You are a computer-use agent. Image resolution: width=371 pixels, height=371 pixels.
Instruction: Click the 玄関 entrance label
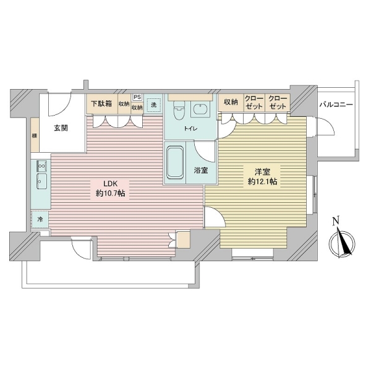60,128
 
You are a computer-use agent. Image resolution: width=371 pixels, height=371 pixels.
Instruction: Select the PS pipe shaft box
137,96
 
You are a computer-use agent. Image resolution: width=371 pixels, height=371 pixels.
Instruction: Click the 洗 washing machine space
154,104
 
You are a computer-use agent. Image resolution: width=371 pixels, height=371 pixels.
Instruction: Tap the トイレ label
190,128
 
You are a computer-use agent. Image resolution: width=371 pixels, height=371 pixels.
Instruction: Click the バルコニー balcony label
336,104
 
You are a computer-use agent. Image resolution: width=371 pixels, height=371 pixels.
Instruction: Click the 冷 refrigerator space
40,219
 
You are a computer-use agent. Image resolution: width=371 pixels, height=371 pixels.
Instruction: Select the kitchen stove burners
41,165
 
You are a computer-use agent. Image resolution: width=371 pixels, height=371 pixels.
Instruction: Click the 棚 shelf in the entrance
35,137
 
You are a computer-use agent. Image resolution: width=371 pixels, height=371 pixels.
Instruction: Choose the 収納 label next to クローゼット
231,102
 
